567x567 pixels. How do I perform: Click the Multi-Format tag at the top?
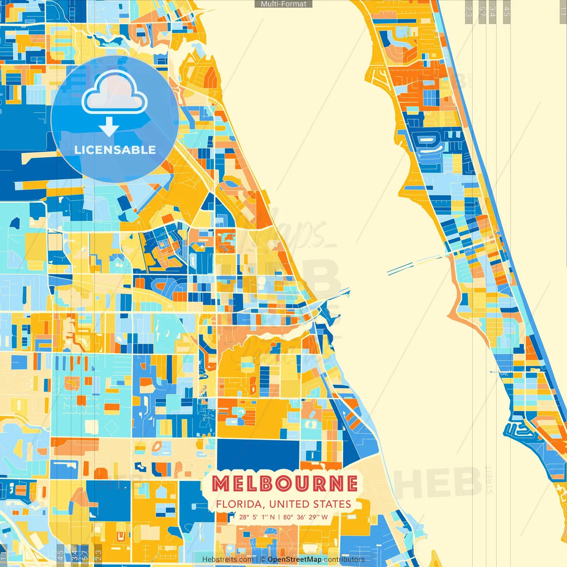283,4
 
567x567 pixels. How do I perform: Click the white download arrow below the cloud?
109,127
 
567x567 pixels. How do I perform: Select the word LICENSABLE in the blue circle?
115,150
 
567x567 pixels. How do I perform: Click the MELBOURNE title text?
284,484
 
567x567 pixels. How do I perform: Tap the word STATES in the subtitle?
332,504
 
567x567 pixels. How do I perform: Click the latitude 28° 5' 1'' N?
257,517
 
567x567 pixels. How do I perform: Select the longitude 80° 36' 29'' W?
306,517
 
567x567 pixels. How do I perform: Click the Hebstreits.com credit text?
228,559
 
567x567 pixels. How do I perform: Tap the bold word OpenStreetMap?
295,559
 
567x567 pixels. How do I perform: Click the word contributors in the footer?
344,559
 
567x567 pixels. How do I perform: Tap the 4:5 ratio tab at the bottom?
60,556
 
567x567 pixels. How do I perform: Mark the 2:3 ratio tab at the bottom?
98,556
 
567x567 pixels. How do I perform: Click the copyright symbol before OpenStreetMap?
263,559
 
